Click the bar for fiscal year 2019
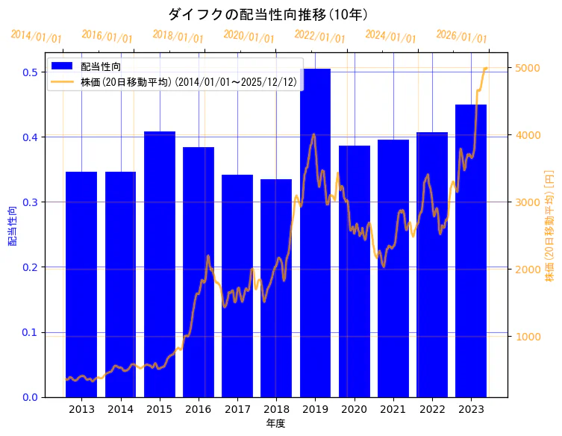click(x=315, y=231)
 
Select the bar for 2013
click(x=81, y=284)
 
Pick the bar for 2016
click(x=199, y=272)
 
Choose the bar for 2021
click(x=393, y=268)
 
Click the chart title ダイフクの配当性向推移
click(x=267, y=14)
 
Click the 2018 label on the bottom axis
click(x=276, y=409)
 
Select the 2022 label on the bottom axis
click(x=432, y=409)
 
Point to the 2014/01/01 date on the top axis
click(x=37, y=37)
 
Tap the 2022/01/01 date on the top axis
click(x=319, y=37)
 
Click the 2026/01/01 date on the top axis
click(x=461, y=37)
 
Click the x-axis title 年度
click(x=275, y=423)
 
